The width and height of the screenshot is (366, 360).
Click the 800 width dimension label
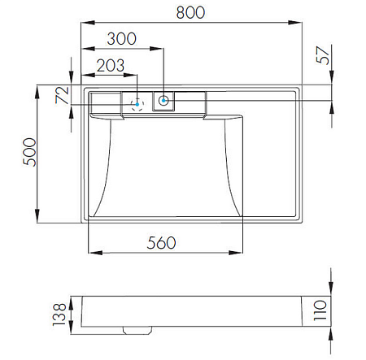click(x=190, y=12)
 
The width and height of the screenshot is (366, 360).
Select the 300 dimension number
click(x=121, y=39)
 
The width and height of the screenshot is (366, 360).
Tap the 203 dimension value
click(x=111, y=66)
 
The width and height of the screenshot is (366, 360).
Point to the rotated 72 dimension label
click(x=62, y=95)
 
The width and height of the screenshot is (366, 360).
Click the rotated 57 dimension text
click(x=323, y=55)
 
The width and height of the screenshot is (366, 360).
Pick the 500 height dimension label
click(x=29, y=152)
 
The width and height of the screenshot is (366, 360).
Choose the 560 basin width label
click(x=161, y=243)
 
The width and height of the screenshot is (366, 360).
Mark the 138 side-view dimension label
click(x=59, y=314)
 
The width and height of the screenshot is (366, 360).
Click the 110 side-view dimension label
click(x=320, y=310)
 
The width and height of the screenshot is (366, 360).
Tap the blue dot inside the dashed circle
click(x=137, y=104)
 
